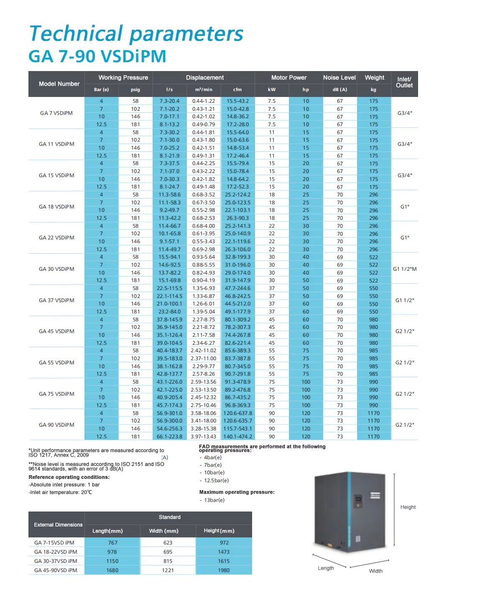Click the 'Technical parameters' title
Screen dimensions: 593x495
[136, 34]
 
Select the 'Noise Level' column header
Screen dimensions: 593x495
[339, 78]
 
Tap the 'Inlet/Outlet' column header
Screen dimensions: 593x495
[404, 82]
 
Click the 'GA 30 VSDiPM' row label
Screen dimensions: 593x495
[56, 269]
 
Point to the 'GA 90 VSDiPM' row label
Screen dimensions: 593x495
[56, 425]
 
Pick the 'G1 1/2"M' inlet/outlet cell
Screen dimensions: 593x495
[405, 269]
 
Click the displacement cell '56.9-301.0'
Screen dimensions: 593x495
[169, 413]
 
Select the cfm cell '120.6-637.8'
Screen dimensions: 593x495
[237, 413]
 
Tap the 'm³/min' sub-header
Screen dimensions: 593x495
[204, 90]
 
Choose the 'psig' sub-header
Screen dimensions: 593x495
[135, 90]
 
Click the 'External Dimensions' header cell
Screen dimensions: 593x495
[58, 525]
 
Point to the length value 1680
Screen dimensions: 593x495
[112, 570]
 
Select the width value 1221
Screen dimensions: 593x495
[168, 570]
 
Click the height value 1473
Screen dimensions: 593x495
[224, 552]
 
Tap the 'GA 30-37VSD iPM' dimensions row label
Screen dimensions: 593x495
[56, 561]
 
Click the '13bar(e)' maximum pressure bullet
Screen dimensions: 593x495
[214, 500]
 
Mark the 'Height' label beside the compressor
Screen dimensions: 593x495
[408, 507]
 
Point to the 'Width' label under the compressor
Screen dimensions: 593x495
[375, 571]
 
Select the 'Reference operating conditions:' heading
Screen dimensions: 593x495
[69, 477]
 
